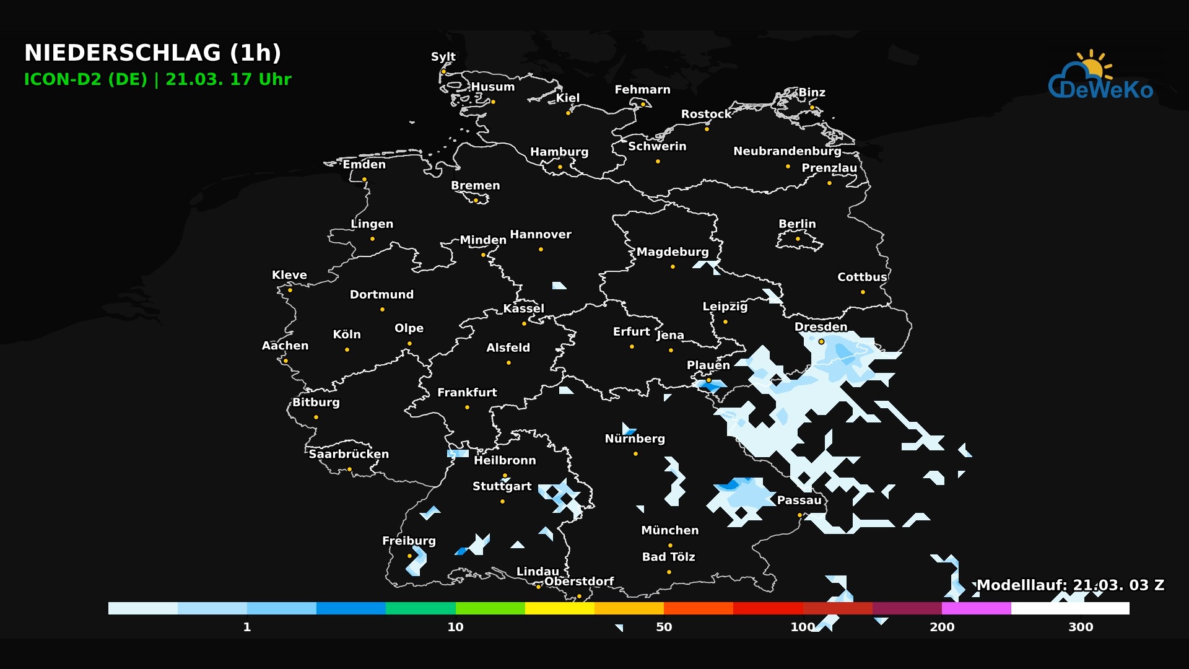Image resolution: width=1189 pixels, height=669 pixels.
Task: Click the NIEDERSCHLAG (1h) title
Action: point(152,53)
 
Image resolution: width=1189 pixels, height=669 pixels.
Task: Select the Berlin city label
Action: point(797,224)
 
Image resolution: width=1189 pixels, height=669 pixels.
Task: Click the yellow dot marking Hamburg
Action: point(560,167)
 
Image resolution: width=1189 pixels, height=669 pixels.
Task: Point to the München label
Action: point(669,530)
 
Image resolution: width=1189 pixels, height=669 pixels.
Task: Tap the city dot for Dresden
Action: point(821,341)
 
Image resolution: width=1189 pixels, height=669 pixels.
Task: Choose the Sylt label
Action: point(443,56)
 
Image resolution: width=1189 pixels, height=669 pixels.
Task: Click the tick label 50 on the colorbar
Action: point(664,627)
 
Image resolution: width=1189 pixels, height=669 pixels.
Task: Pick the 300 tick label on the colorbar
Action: point(1081,627)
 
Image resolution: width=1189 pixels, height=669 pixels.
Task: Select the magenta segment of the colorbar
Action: point(976,608)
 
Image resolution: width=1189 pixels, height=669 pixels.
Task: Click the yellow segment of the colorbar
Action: point(560,608)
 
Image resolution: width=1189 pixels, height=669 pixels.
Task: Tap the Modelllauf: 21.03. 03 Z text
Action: point(1070,585)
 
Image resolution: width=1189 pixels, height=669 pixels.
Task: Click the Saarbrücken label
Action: point(349,454)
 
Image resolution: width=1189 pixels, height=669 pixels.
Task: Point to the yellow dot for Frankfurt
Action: point(467,407)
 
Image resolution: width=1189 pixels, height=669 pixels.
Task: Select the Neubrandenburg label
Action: point(787,151)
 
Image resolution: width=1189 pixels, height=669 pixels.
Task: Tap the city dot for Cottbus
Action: point(863,292)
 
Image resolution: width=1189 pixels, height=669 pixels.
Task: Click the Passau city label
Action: point(799,500)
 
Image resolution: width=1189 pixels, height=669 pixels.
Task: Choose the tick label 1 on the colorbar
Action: point(247,627)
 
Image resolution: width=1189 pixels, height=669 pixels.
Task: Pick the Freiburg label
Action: point(409,541)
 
